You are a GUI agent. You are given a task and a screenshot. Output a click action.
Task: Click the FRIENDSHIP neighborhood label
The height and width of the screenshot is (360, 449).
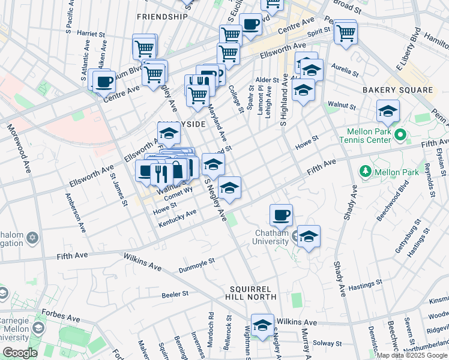pos(162,16)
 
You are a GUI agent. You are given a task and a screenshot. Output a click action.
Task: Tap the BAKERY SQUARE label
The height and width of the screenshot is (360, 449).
pos(397,90)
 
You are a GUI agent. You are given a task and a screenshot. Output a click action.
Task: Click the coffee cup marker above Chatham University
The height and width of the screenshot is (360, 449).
pos(281,214)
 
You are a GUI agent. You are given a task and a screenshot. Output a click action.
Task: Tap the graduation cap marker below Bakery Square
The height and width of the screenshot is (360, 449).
pos(388,111)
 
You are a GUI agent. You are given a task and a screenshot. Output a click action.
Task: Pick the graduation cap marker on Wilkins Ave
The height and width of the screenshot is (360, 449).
pos(262,325)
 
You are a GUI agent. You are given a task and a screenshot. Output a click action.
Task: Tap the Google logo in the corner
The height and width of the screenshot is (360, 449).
pos(20,352)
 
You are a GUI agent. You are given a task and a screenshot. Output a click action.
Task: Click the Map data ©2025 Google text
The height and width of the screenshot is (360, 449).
pos(412,355)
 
